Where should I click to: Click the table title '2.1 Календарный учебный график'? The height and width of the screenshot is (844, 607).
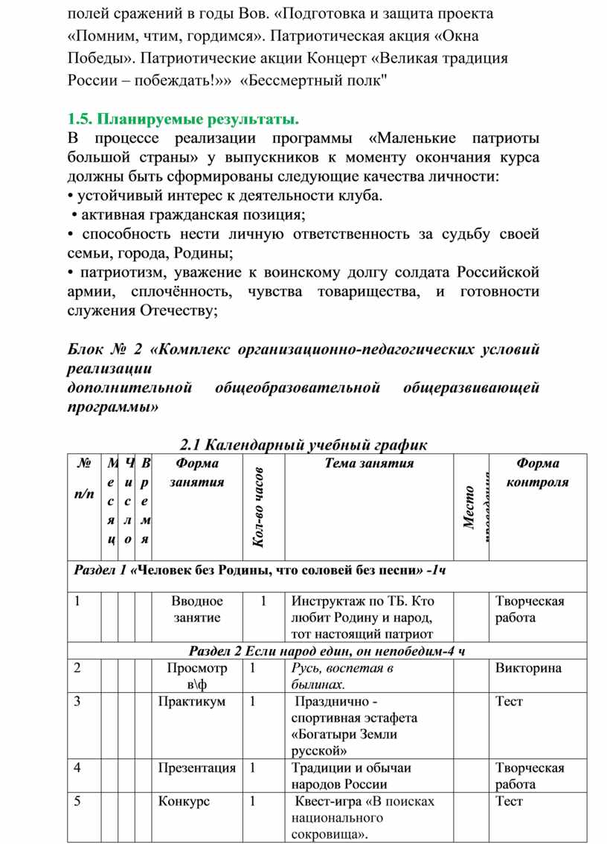click(x=303, y=445)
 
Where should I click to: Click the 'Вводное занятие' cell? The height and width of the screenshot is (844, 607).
click(x=197, y=609)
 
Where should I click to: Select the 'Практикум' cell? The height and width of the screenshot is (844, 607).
click(x=192, y=701)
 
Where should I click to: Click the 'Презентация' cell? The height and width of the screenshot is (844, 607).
click(x=197, y=767)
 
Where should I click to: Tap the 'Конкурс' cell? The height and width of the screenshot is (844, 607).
click(x=184, y=802)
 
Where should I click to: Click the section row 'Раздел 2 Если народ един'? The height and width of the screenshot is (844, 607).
click(x=327, y=650)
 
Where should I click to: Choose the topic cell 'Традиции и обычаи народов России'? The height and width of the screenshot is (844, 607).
click(x=351, y=776)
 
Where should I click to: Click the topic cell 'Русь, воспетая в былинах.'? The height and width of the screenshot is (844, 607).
click(x=342, y=676)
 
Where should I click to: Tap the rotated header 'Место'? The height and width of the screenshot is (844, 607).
click(x=469, y=508)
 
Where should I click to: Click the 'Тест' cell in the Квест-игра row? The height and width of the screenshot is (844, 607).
click(x=509, y=802)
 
